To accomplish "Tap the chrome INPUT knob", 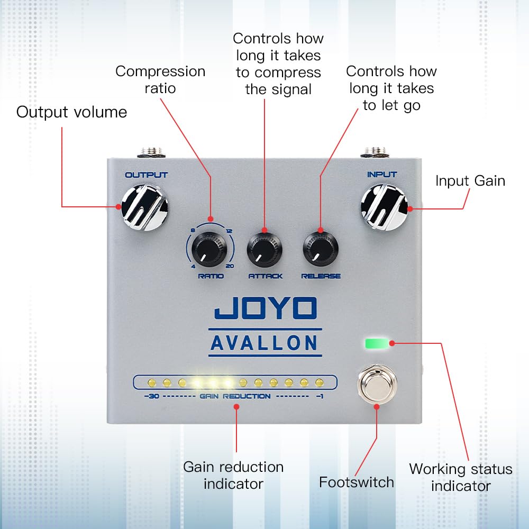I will tap(385, 207).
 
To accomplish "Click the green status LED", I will tap(377, 343).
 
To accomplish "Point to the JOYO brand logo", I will tap(266, 309).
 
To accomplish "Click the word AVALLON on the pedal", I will tap(264, 343).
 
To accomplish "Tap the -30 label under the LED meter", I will tap(152, 396).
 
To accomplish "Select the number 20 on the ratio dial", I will tap(229, 266).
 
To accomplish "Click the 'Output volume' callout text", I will tap(71, 112).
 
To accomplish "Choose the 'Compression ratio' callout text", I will tap(160, 79).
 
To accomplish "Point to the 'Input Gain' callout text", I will tap(470, 181).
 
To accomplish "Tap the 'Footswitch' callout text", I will tap(357, 482).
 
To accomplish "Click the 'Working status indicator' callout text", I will tap(460, 477).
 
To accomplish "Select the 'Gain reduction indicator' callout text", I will tap(233, 475).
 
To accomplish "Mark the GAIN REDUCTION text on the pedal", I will tap(236, 396).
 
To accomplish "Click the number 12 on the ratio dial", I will tap(229, 231).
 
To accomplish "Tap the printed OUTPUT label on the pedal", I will tap(146, 175).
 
